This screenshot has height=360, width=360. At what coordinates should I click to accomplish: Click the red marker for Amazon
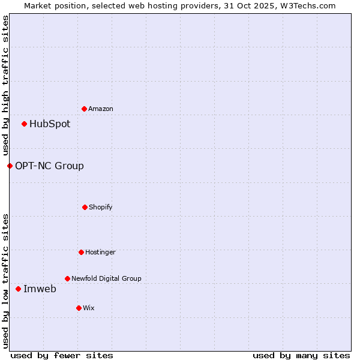point(84,109)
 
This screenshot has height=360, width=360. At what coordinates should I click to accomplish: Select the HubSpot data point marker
point(24,124)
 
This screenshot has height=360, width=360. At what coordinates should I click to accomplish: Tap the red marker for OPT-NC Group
point(10,166)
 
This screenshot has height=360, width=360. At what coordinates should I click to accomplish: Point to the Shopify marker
point(85,207)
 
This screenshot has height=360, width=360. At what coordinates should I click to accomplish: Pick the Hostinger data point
point(81,252)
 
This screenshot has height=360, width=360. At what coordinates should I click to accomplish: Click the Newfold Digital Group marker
point(67,278)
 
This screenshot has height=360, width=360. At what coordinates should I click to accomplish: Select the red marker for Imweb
point(18,289)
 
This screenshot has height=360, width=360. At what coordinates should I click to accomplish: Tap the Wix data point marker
point(79,308)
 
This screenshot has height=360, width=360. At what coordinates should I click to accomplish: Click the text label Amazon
point(101,109)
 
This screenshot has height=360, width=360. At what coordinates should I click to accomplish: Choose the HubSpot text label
point(50,124)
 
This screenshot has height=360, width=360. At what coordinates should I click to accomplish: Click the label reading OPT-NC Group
point(49,166)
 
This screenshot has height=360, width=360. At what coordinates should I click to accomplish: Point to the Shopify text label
point(101,207)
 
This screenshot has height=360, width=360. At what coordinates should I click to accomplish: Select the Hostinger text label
point(100,252)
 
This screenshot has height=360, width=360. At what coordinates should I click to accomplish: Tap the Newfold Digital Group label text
point(106,278)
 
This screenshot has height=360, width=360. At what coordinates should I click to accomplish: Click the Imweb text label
point(40,289)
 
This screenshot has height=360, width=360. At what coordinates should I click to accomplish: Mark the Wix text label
point(89,308)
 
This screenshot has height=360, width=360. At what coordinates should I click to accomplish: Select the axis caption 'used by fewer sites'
point(62,355)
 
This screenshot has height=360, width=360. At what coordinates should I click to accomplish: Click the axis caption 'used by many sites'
point(301,355)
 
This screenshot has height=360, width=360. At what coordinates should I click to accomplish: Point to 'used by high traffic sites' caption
point(5,85)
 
